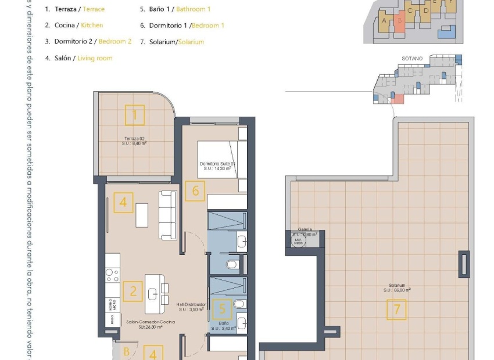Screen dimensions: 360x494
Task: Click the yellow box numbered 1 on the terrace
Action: click(x=135, y=115)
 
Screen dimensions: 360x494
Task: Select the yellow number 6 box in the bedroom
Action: click(x=195, y=191)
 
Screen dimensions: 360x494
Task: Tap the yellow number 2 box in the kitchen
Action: click(x=133, y=291)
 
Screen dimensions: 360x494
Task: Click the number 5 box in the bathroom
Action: click(x=221, y=309)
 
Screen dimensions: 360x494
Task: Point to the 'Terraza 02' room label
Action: click(x=134, y=139)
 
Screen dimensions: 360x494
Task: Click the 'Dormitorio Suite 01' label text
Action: click(x=217, y=164)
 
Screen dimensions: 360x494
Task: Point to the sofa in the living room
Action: click(x=168, y=215)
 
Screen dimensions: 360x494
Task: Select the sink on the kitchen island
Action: click(x=153, y=293)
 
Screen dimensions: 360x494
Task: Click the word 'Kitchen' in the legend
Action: click(x=92, y=26)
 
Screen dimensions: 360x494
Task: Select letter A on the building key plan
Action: click(x=384, y=20)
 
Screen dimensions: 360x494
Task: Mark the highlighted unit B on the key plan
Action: click(x=400, y=21)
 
